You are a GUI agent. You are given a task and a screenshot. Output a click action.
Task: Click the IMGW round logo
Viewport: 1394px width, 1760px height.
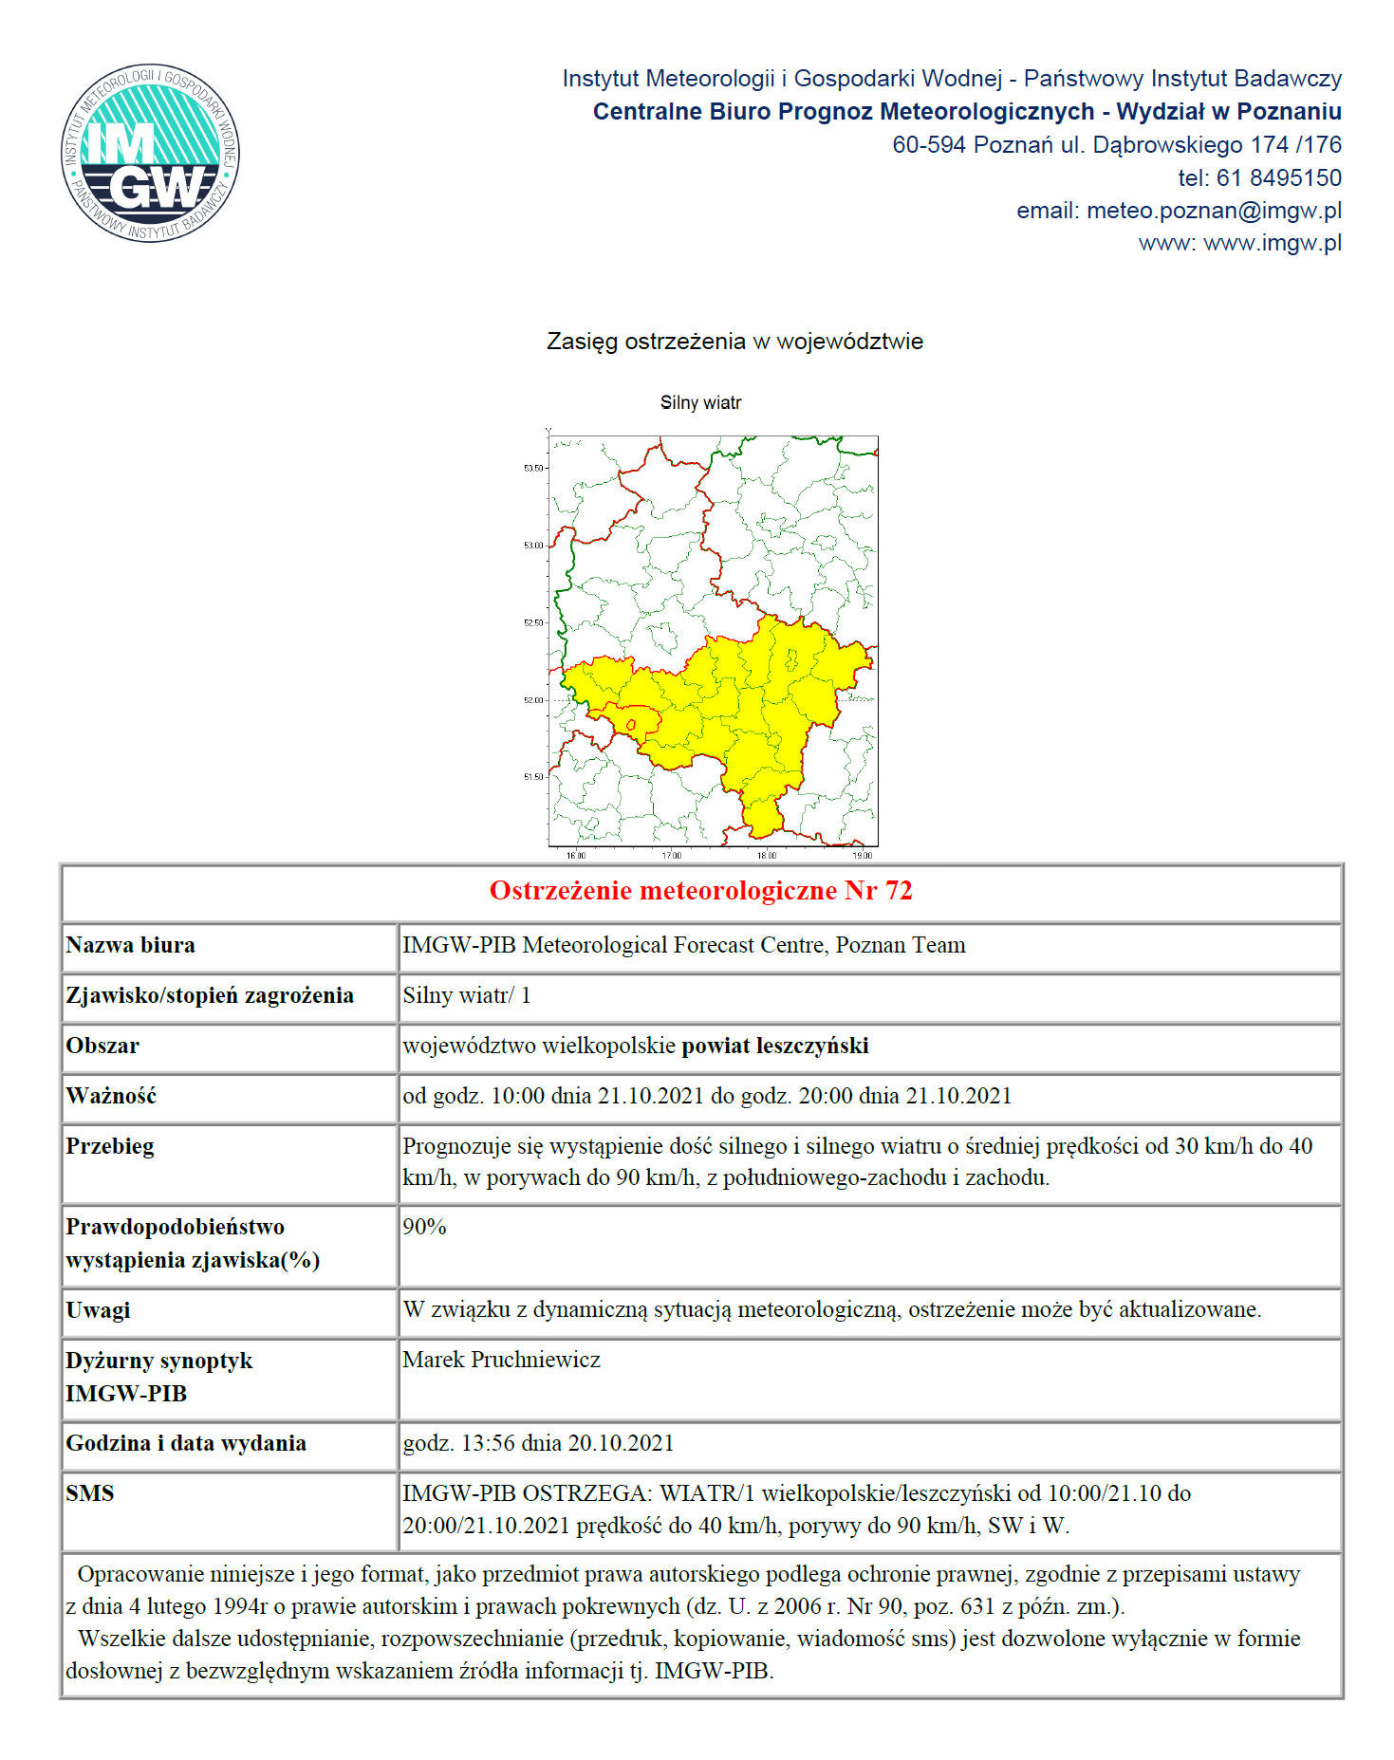pos(150,153)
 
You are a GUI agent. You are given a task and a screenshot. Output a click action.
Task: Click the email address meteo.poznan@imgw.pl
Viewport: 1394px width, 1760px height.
pos(1214,211)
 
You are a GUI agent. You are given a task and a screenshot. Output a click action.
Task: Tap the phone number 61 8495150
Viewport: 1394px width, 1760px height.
pos(1278,177)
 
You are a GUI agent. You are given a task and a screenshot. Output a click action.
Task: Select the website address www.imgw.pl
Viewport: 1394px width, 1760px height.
pos(1272,243)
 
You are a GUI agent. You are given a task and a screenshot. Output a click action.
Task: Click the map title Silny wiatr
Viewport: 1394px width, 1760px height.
pos(700,403)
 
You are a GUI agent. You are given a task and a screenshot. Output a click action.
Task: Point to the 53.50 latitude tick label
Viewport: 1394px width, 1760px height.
pos(533,469)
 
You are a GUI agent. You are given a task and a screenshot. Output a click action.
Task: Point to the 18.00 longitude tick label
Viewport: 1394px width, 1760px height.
pos(767,856)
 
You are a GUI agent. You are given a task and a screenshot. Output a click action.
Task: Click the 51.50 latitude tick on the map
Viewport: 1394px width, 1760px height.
pos(533,777)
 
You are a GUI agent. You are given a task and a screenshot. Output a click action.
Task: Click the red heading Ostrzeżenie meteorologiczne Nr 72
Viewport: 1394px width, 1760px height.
pos(700,891)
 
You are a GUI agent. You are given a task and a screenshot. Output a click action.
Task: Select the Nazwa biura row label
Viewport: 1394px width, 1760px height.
pos(131,945)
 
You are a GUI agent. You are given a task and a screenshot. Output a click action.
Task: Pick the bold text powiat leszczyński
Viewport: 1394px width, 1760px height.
pos(775,1046)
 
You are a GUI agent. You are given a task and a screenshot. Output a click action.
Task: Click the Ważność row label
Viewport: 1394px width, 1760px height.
pos(111,1096)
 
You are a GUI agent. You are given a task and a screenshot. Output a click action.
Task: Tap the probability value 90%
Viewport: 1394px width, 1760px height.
pos(424,1227)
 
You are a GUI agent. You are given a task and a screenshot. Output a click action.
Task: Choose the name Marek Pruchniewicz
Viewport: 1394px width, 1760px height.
pos(501,1360)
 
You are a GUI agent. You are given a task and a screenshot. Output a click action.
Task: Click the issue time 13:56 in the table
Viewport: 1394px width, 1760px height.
pos(488,1443)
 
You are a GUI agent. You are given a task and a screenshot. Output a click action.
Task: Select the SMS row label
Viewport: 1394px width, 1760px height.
pos(90,1493)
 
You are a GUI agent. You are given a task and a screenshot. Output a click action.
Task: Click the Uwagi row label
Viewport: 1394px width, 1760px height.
pos(98,1310)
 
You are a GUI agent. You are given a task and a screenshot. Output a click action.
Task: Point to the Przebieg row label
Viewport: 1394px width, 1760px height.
pos(110,1146)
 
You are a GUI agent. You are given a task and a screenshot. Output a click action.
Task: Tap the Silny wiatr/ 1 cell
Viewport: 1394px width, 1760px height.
pos(467,995)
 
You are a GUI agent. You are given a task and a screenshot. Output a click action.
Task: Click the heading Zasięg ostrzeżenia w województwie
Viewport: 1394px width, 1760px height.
pos(734,342)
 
